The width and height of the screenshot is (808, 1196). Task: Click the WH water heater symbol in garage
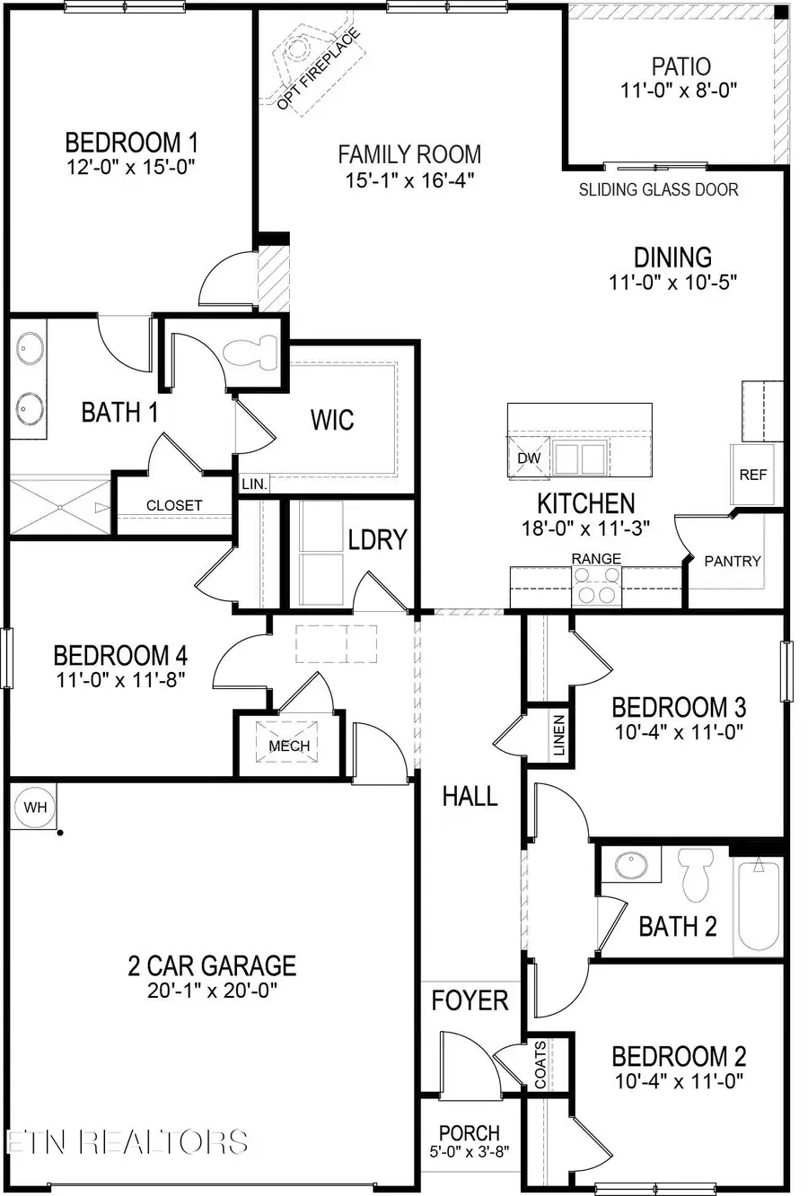[x=35, y=807]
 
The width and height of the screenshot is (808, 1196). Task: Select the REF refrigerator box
[x=752, y=474]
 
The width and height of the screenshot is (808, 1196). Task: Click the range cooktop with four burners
[x=596, y=592]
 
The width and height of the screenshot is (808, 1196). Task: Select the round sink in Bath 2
[x=632, y=866]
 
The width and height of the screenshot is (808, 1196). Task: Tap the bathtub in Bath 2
[x=760, y=906]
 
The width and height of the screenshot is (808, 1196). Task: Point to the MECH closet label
[x=289, y=746]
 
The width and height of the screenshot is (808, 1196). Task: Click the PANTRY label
[x=733, y=561]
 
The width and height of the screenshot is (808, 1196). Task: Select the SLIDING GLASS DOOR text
[x=658, y=189]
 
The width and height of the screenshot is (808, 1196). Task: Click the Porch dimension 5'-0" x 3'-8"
[x=469, y=1152]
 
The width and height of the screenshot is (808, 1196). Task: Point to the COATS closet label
[x=540, y=1064]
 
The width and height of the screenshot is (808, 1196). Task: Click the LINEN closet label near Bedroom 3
[x=558, y=735]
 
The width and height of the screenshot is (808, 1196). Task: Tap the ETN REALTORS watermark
[x=127, y=1141]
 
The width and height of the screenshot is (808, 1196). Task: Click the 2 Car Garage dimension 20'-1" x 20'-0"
[x=211, y=991]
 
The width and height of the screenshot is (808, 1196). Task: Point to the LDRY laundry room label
[x=378, y=539]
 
